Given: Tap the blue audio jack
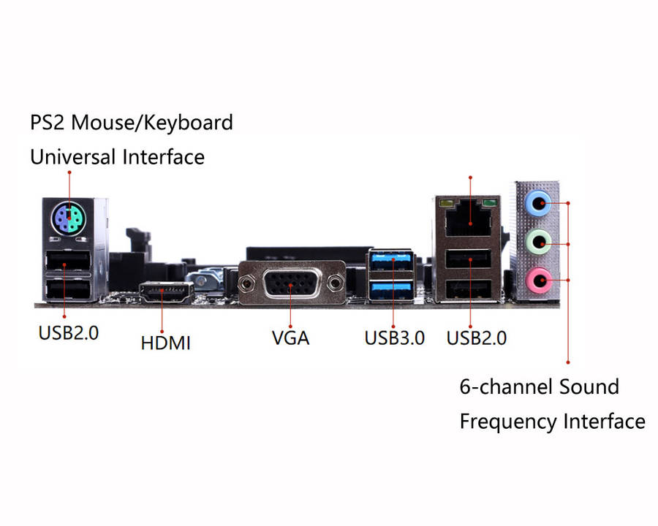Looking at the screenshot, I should click(540, 203).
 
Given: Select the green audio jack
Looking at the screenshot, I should click(540, 240).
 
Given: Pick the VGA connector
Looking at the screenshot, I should click(290, 282).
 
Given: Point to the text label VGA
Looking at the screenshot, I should click(290, 338).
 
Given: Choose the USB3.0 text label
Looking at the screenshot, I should click(394, 338).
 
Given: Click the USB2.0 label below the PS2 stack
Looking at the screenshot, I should click(68, 333).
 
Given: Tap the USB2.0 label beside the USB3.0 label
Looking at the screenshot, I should click(476, 338).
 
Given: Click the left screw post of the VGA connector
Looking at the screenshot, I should click(246, 282).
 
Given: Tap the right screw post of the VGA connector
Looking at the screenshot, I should click(336, 282).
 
